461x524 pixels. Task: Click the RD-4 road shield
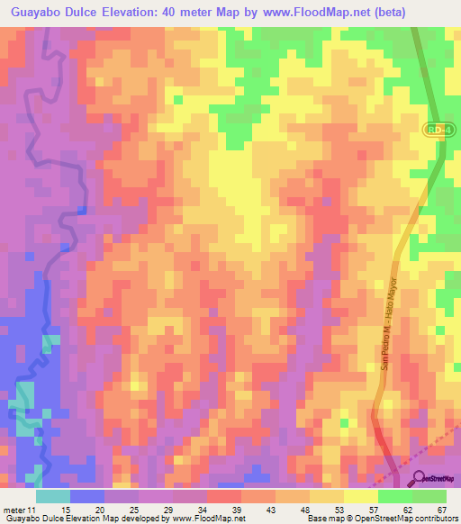click(437, 131)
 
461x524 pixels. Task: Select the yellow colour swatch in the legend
click(360, 496)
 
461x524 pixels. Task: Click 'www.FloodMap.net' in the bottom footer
click(206, 519)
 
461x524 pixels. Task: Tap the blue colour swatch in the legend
click(86, 496)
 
